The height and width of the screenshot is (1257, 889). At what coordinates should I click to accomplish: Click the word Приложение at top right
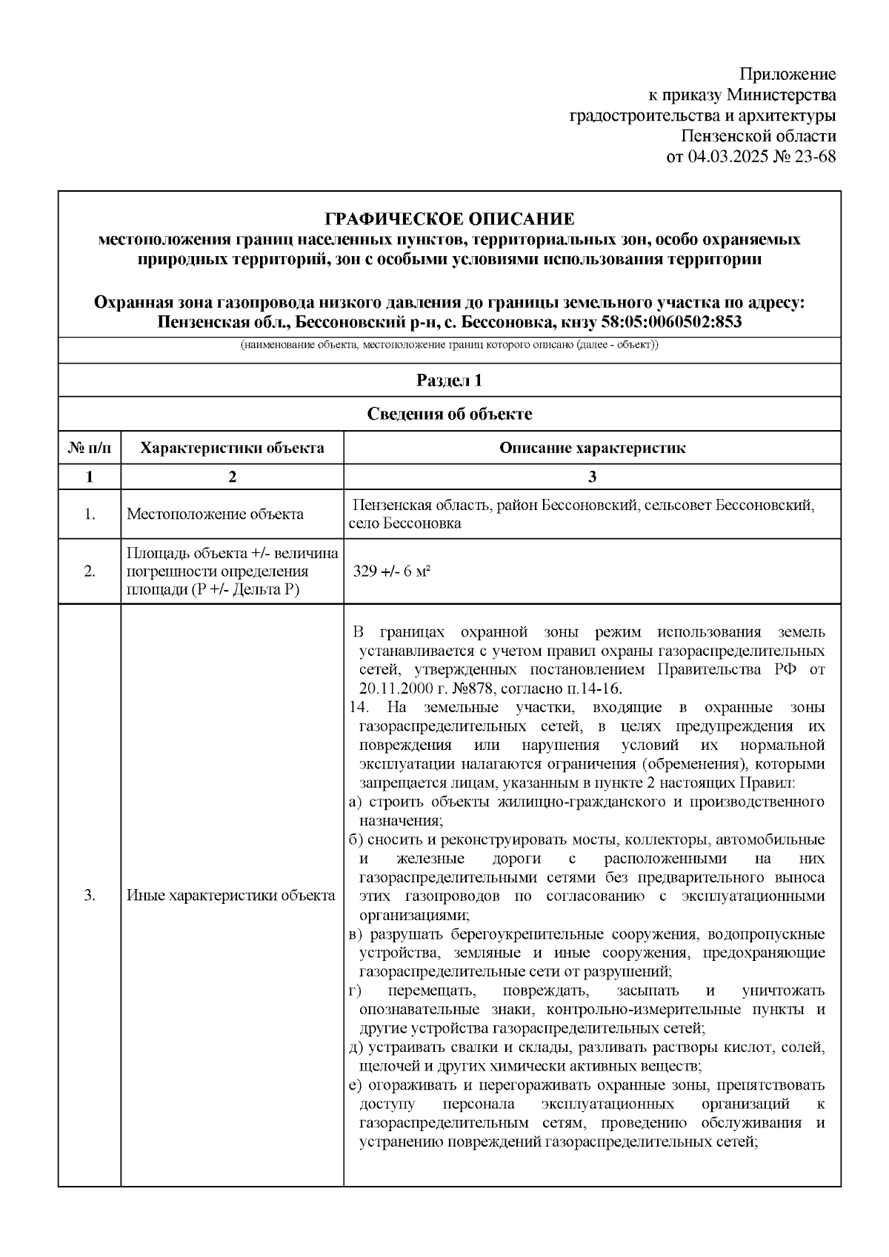click(x=788, y=74)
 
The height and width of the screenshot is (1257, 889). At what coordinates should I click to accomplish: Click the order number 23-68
click(x=814, y=157)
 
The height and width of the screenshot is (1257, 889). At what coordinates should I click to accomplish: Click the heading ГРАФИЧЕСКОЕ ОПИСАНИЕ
click(x=450, y=219)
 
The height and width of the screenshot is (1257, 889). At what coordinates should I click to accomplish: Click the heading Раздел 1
click(x=450, y=381)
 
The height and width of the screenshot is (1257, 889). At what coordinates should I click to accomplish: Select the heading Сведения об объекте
click(x=450, y=414)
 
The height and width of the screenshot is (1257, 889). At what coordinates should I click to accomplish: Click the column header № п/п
click(x=90, y=448)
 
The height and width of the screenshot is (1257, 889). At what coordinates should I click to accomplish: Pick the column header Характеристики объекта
click(x=232, y=448)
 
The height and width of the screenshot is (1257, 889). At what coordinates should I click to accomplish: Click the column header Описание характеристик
click(x=592, y=448)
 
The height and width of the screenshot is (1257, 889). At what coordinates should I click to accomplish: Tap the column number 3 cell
click(x=592, y=477)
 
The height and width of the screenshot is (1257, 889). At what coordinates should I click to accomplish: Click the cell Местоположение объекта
click(x=215, y=514)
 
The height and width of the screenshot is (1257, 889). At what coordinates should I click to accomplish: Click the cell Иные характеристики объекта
click(x=230, y=896)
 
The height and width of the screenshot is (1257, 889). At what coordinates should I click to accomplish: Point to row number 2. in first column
click(x=90, y=572)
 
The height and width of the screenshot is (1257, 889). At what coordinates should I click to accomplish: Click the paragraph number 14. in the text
click(x=359, y=707)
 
